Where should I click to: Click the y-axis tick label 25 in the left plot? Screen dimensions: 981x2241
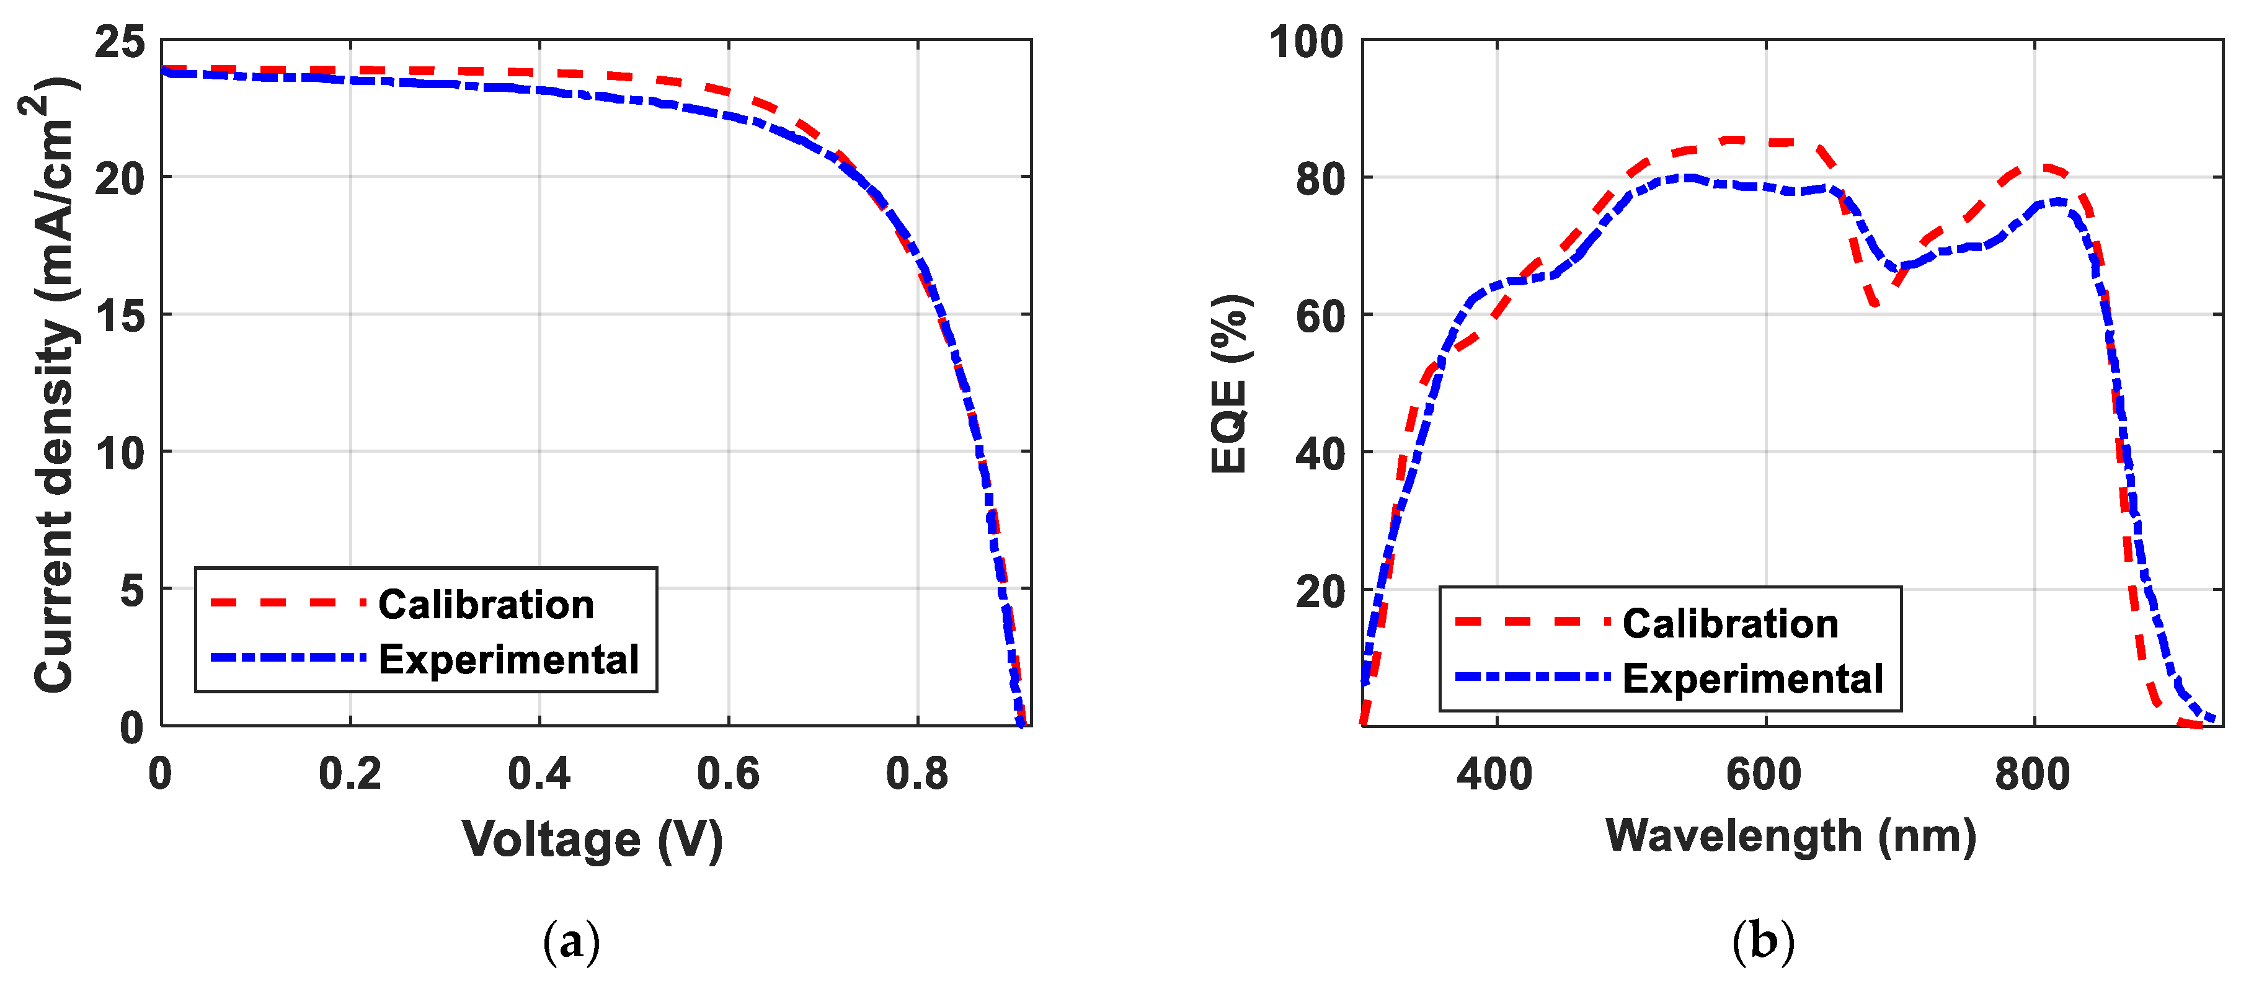pyautogui.click(x=120, y=42)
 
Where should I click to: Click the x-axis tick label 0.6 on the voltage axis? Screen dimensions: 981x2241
pyautogui.click(x=728, y=774)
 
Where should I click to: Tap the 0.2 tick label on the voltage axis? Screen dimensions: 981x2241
pyautogui.click(x=350, y=774)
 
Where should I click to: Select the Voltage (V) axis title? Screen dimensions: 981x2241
pyautogui.click(x=592, y=839)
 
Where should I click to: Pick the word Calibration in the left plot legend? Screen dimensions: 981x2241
pyautogui.click(x=486, y=605)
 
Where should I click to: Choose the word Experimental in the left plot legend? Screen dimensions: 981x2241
pyautogui.click(x=508, y=659)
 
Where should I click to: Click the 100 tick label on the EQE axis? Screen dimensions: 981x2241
pyautogui.click(x=1306, y=42)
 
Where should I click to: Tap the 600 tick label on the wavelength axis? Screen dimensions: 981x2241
pyautogui.click(x=1764, y=774)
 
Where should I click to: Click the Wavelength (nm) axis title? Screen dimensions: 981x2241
pyautogui.click(x=1790, y=836)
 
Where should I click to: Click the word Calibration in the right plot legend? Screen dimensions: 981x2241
pyautogui.click(x=1729, y=624)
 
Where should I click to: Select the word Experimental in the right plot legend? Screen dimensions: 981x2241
pyautogui.click(x=1752, y=678)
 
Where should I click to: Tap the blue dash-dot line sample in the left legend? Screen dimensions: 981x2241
pyautogui.click(x=288, y=657)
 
